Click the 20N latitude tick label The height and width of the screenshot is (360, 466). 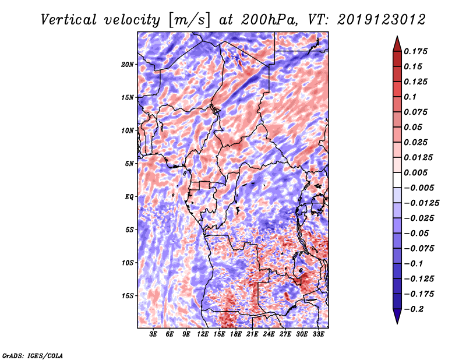128,64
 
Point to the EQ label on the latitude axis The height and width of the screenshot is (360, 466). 129,197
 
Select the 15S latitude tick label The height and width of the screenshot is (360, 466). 128,296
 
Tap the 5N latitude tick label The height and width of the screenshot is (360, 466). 129,164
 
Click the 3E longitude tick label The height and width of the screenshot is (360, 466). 154,335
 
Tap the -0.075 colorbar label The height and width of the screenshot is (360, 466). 420,248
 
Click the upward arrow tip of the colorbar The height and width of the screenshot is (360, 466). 397,38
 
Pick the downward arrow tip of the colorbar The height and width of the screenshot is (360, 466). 397,322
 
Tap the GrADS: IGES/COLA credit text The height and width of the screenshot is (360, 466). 32,355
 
